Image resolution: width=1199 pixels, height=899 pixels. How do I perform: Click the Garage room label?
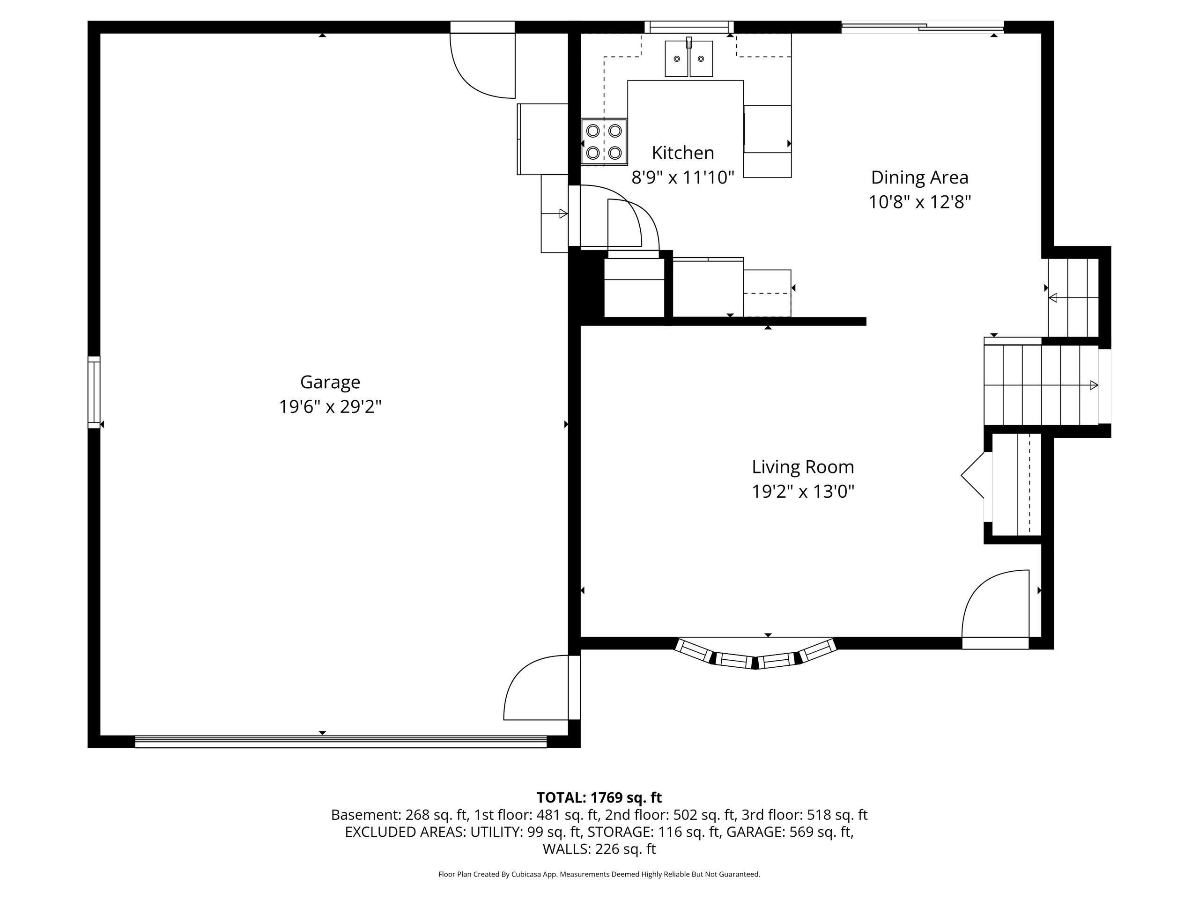click(x=330, y=383)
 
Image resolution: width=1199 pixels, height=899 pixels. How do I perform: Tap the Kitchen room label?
click(x=682, y=153)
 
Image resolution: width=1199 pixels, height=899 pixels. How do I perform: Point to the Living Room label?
click(x=803, y=467)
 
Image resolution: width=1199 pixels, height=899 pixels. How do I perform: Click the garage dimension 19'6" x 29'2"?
click(x=330, y=406)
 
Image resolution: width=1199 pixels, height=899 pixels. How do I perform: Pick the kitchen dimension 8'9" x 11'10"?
click(x=682, y=177)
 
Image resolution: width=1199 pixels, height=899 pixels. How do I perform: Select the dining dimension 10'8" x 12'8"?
click(x=919, y=202)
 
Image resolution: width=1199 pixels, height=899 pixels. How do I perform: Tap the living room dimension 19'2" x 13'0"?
click(x=803, y=492)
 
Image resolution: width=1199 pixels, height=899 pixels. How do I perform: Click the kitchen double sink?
click(x=689, y=59)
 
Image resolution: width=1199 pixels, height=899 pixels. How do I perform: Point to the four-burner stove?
click(x=604, y=142)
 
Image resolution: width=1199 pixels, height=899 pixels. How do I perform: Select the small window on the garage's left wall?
click(x=94, y=393)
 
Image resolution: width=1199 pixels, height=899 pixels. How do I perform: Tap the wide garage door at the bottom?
click(x=340, y=741)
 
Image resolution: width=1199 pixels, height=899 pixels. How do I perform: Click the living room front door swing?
click(x=995, y=610)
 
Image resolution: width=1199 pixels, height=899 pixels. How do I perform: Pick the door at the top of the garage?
click(x=482, y=59)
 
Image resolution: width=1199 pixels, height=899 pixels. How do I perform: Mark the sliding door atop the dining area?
click(x=922, y=27)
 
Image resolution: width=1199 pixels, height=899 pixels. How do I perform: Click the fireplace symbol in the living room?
click(x=972, y=475)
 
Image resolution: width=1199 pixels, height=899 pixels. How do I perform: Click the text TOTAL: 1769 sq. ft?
click(x=599, y=798)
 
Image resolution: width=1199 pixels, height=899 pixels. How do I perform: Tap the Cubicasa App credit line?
click(x=599, y=874)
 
